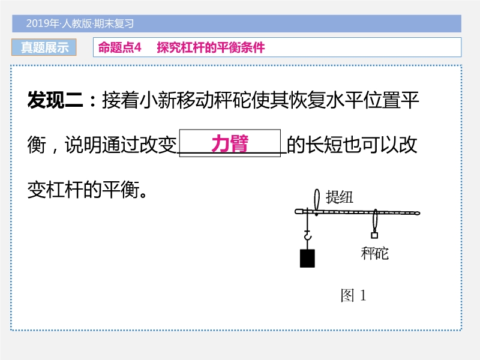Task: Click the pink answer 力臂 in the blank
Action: click(x=230, y=144)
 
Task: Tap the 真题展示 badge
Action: click(x=44, y=47)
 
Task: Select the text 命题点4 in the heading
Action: click(x=119, y=47)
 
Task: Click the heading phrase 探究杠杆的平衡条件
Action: click(x=211, y=47)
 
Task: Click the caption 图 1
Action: click(x=353, y=295)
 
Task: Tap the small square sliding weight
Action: click(x=375, y=233)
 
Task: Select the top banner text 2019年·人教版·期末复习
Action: click(x=80, y=24)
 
